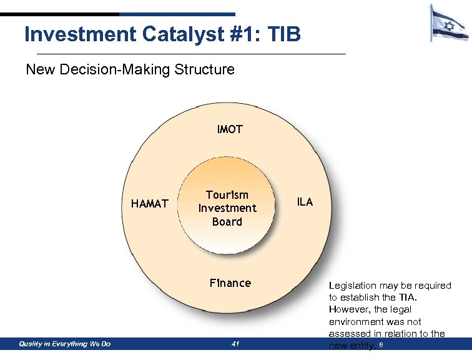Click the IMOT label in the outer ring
pyautogui.click(x=230, y=130)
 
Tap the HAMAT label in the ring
pyautogui.click(x=149, y=204)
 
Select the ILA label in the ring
pyautogui.click(x=305, y=202)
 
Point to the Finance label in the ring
pyautogui.click(x=230, y=283)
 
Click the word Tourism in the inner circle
pyautogui.click(x=227, y=195)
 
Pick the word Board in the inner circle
pyautogui.click(x=227, y=221)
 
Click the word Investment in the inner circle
pyautogui.click(x=227, y=208)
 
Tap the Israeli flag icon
pyautogui.click(x=449, y=24)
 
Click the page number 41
pyautogui.click(x=235, y=344)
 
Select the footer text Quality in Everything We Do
pyautogui.click(x=65, y=344)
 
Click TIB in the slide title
pyautogui.click(x=283, y=34)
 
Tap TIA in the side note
pyautogui.click(x=406, y=297)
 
